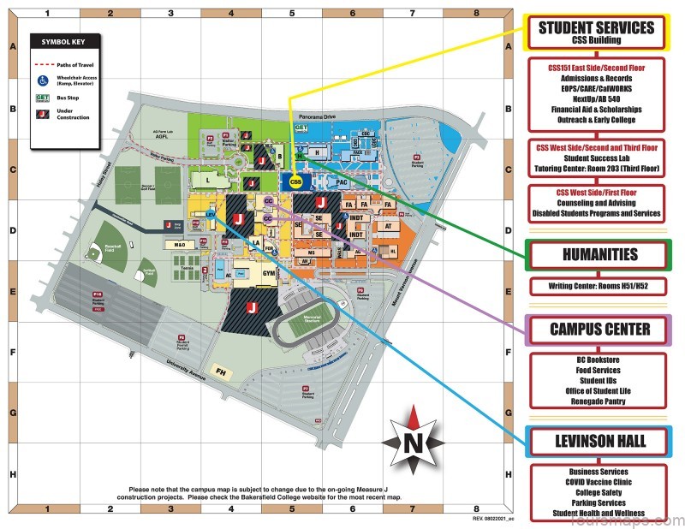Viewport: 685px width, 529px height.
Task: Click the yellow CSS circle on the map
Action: click(x=295, y=181)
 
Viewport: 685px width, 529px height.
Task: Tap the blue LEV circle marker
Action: click(x=210, y=216)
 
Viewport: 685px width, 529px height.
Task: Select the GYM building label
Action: click(x=255, y=273)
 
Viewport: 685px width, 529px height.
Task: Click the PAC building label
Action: click(x=341, y=181)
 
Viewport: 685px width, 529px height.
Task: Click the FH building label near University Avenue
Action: click(x=221, y=372)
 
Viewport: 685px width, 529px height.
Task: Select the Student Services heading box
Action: click(x=596, y=33)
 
